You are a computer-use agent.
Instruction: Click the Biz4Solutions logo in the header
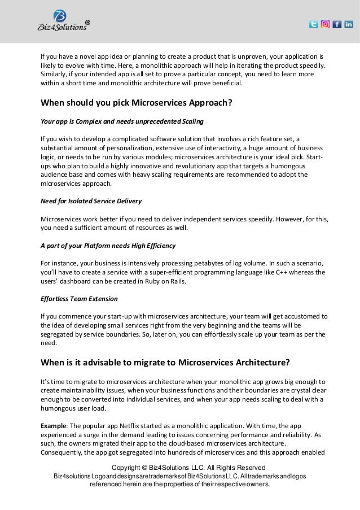(60, 22)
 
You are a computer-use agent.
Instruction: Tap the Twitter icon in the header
(313, 24)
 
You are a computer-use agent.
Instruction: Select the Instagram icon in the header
(325, 24)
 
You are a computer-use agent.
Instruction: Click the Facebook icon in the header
(337, 24)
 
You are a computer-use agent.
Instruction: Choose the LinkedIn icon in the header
(348, 24)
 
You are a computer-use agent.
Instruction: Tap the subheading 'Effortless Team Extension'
(80, 298)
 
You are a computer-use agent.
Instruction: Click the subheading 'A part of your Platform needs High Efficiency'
(108, 246)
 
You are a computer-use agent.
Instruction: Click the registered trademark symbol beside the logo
(87, 23)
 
